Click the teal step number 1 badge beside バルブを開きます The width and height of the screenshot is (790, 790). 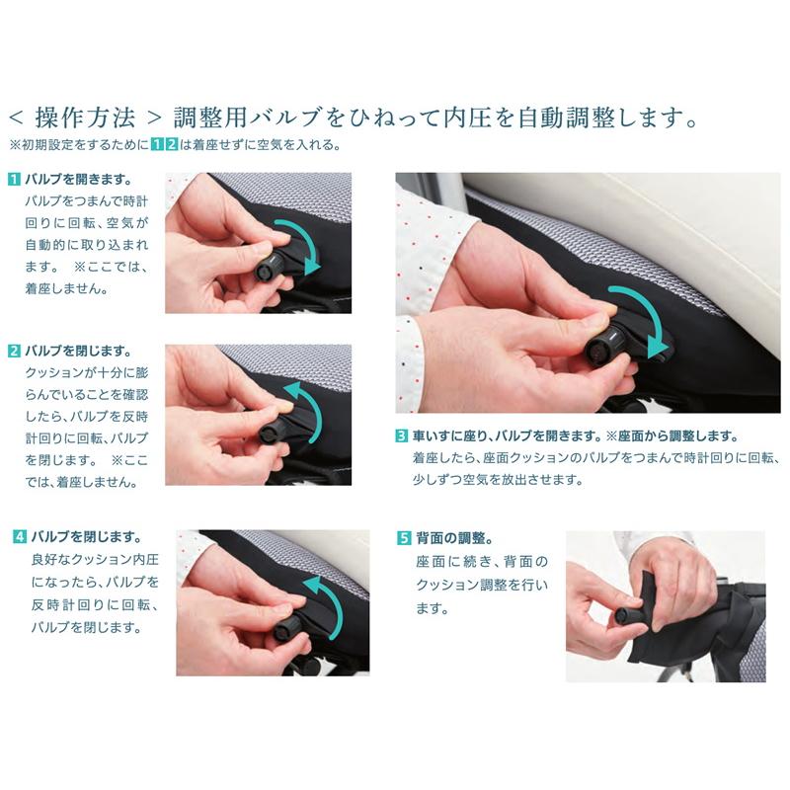coord(14,179)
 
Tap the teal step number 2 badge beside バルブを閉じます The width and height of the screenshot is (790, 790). coord(14,351)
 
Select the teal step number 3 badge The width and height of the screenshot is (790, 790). coord(402,435)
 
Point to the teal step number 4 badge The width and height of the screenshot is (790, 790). coord(19,536)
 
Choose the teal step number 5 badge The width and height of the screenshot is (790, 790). coord(404,538)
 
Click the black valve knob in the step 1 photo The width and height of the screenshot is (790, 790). coord(267,268)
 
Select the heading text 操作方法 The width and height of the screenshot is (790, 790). coord(85,118)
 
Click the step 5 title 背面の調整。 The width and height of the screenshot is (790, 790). coord(455,538)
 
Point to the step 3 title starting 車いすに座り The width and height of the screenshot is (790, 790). coord(576,435)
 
